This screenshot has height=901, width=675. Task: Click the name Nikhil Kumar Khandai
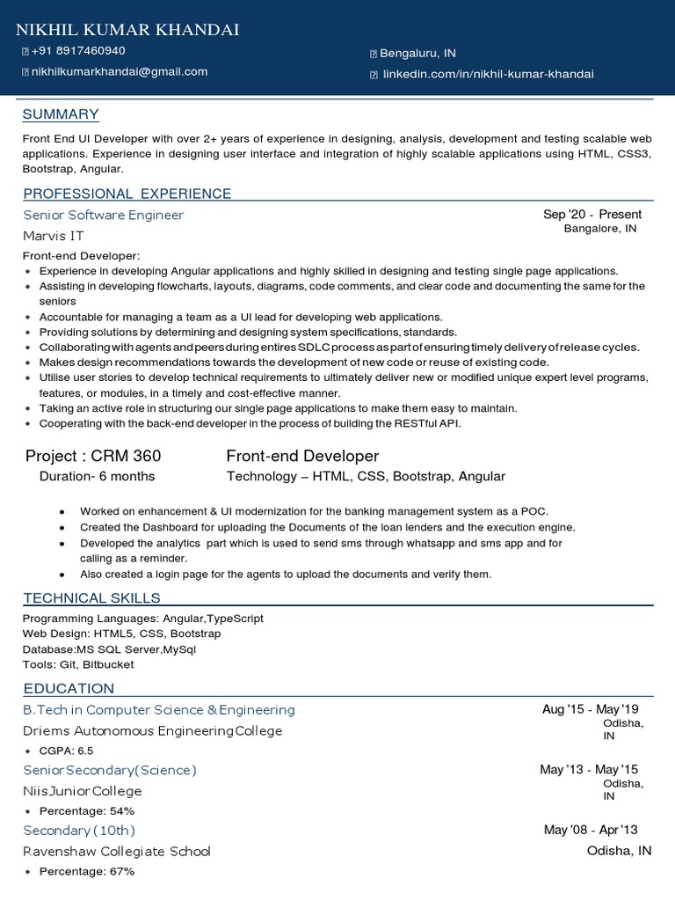pyautogui.click(x=128, y=30)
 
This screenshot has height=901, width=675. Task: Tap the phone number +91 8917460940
pyautogui.click(x=78, y=51)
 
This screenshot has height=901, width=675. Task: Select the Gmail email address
pyautogui.click(x=120, y=71)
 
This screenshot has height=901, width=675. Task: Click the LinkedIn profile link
pyautogui.click(x=487, y=74)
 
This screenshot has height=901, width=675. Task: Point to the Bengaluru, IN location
pyautogui.click(x=417, y=54)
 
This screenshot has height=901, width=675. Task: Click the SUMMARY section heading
pyautogui.click(x=61, y=114)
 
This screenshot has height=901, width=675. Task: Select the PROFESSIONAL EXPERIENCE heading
pyautogui.click(x=127, y=194)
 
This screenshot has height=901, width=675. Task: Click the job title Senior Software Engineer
pyautogui.click(x=104, y=215)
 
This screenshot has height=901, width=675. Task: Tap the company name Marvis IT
pyautogui.click(x=55, y=236)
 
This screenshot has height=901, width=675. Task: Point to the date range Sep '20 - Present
pyautogui.click(x=592, y=215)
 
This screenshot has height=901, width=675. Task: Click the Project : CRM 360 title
pyautogui.click(x=93, y=456)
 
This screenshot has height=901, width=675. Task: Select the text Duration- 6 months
pyautogui.click(x=97, y=477)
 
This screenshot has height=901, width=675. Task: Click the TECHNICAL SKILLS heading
pyautogui.click(x=91, y=598)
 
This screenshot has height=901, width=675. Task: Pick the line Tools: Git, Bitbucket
pyautogui.click(x=78, y=664)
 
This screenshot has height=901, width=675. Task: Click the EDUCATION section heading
pyautogui.click(x=69, y=688)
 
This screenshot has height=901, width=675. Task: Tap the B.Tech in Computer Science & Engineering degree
pyautogui.click(x=159, y=709)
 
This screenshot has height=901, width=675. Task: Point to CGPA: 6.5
pyautogui.click(x=66, y=751)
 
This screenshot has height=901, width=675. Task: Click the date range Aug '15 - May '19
pyautogui.click(x=591, y=709)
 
